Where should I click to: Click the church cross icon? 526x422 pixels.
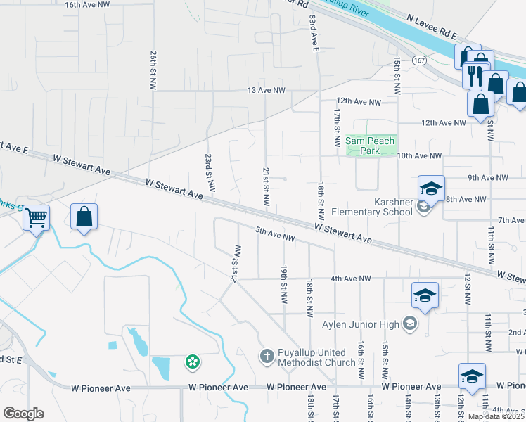[267, 357]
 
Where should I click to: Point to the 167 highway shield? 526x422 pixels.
[420, 60]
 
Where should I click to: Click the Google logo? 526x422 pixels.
[23, 414]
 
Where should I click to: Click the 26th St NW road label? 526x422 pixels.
[153, 69]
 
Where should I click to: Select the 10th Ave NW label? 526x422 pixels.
[419, 156]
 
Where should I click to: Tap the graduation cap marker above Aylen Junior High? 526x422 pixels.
[425, 296]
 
